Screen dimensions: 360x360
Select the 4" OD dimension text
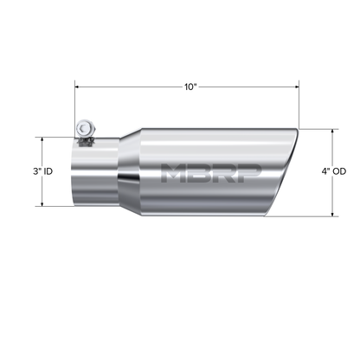[332, 171]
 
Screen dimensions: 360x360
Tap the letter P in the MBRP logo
[246, 171]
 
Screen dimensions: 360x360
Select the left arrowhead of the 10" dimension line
[79, 87]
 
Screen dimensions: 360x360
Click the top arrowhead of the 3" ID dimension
[42, 138]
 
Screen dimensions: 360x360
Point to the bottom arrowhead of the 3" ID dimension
[42, 205]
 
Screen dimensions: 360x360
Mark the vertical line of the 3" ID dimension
[42, 190]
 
